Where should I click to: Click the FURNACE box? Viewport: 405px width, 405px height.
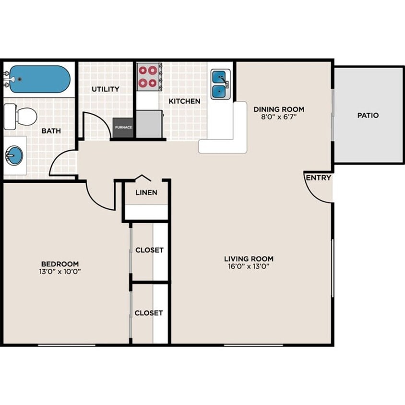(123, 128)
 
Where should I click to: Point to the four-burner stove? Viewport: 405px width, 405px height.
(148, 76)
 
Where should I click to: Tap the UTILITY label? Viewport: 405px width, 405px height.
(106, 89)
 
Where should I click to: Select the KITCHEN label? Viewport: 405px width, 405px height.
(184, 101)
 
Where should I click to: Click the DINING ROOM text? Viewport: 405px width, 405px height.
(279, 109)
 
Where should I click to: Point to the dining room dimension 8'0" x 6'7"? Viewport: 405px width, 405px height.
(279, 117)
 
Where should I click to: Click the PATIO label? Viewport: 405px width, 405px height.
(368, 115)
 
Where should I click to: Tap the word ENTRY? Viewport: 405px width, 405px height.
(319, 178)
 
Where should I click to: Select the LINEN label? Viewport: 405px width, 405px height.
(146, 193)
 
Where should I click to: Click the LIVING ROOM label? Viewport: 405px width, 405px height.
(249, 259)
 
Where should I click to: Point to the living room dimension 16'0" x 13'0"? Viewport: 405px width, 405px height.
(249, 266)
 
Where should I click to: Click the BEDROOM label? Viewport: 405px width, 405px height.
(60, 264)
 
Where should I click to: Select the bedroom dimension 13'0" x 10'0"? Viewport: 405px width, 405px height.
(60, 272)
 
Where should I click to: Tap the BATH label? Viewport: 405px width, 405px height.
(50, 131)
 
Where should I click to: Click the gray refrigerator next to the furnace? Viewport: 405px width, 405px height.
(149, 124)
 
